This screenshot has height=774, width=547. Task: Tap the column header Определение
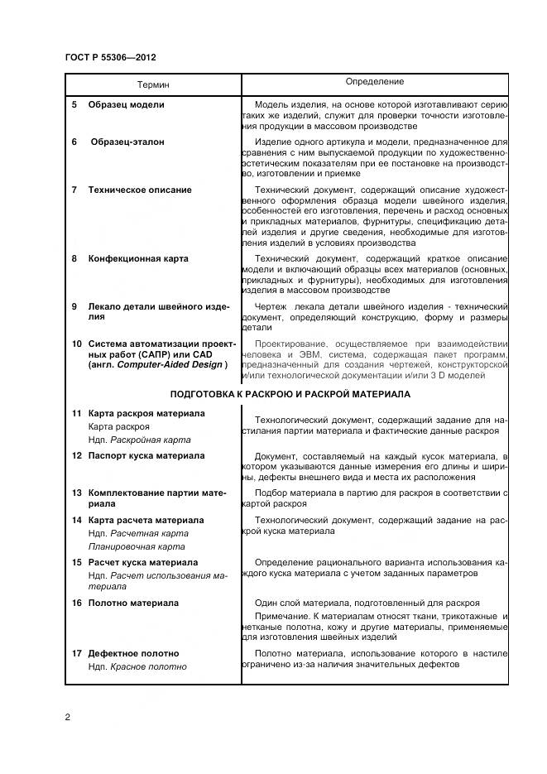click(x=374, y=82)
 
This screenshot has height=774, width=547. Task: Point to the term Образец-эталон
click(x=127, y=142)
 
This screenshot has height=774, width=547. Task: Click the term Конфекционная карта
click(x=138, y=258)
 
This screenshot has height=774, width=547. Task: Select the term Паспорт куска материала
click(x=146, y=455)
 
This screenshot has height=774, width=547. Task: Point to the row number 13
click(x=76, y=492)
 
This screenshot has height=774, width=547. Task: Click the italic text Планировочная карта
click(x=137, y=546)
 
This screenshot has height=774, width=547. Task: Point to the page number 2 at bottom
click(x=67, y=717)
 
